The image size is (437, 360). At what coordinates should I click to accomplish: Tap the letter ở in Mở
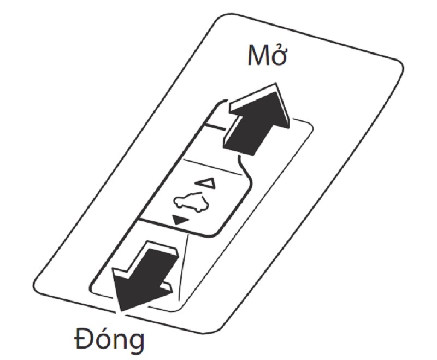coord(280,56)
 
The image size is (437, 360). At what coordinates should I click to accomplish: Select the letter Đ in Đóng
coord(82,341)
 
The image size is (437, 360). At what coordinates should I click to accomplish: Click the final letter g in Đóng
coord(137,345)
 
